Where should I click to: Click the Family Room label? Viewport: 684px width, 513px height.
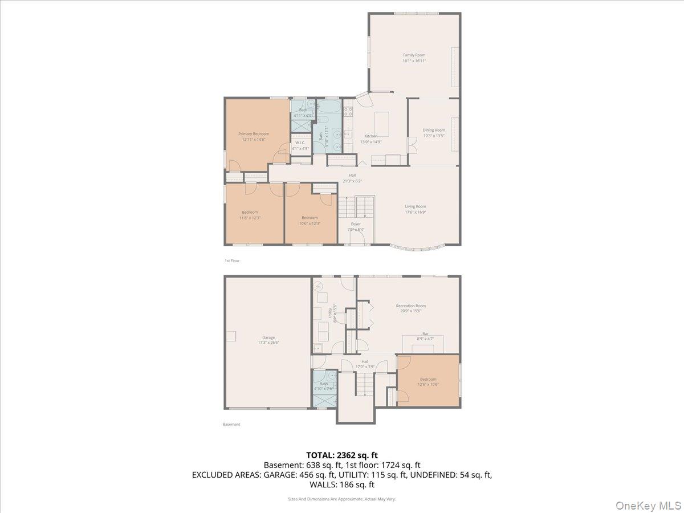click(x=414, y=55)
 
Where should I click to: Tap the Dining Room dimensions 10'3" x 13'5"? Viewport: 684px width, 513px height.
click(x=434, y=136)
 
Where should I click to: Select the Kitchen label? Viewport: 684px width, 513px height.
click(x=371, y=136)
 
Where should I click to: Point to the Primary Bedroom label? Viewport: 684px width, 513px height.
click(x=254, y=134)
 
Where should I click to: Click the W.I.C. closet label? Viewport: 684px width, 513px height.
click(x=300, y=142)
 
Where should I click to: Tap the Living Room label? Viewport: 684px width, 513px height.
click(x=416, y=206)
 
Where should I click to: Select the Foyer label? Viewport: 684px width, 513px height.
click(x=356, y=224)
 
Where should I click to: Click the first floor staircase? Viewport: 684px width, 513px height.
click(x=356, y=206)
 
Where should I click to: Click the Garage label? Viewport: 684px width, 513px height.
click(x=268, y=337)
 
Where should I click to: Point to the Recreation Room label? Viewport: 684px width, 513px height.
click(x=411, y=306)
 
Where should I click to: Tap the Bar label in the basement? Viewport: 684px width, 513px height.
click(x=425, y=334)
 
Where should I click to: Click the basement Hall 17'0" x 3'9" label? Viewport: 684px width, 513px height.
click(x=365, y=361)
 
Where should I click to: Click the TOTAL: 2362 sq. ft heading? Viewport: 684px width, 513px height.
click(x=342, y=455)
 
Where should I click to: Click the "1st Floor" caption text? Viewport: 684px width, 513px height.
click(x=232, y=260)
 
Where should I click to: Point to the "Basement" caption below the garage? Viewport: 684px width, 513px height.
click(x=231, y=424)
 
